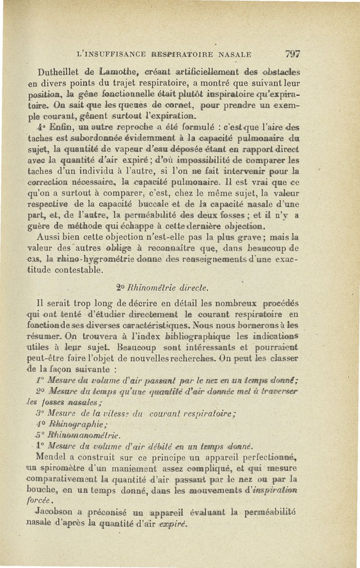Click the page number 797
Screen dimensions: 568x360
292,54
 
